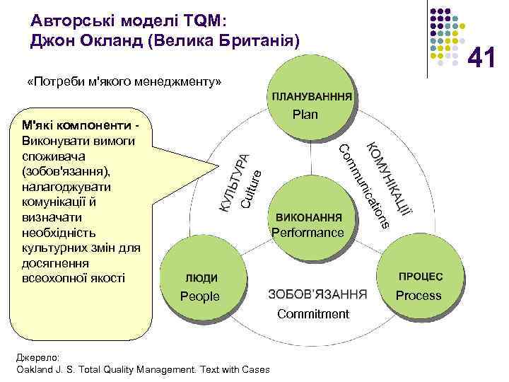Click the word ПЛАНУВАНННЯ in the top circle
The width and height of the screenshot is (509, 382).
click(x=310, y=96)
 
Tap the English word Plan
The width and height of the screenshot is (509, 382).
click(x=305, y=115)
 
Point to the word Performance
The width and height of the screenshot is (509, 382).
click(x=308, y=233)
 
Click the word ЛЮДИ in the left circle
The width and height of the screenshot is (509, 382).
click(x=201, y=278)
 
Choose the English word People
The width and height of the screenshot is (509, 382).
click(x=200, y=296)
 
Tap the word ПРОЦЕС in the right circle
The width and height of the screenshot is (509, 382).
click(x=420, y=277)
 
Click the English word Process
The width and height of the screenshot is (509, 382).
click(x=419, y=296)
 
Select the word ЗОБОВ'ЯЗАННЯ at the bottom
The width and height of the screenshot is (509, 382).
click(x=318, y=294)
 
